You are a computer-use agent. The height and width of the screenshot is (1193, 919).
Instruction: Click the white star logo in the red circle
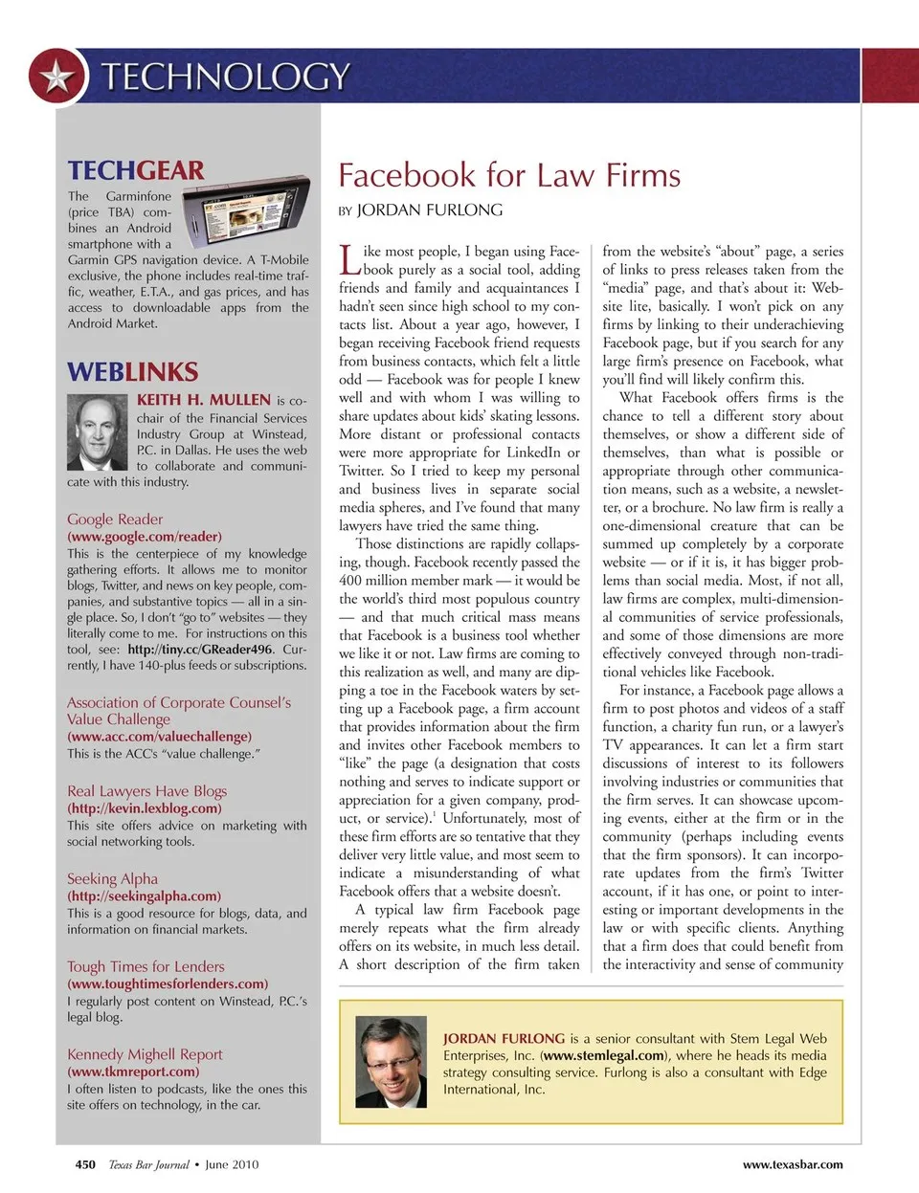pos(56,77)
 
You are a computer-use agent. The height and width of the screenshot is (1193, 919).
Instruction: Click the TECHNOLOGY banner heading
pos(226,77)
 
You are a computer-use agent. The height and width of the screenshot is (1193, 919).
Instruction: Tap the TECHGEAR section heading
pos(136,170)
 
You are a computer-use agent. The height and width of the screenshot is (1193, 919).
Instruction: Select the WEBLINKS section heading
pos(133,372)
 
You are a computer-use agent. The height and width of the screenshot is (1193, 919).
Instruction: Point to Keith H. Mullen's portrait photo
pos(98,432)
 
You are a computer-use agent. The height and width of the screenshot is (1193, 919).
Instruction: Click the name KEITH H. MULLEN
pos(204,400)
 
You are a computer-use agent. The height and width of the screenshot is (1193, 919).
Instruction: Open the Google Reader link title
pos(115,519)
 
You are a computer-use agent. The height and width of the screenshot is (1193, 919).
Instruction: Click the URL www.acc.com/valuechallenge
pos(159,737)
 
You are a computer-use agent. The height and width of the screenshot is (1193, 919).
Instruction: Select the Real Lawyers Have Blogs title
pos(146,791)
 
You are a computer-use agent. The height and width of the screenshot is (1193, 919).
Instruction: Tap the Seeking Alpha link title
pos(112,879)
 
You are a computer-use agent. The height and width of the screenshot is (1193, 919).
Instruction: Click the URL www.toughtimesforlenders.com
pos(168,983)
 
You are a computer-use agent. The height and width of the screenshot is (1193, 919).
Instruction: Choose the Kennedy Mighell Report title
pos(145,1054)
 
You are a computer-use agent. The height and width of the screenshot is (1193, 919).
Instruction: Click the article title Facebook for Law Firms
pos(509,175)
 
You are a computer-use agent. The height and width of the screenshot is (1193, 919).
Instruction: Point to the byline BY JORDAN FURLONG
pos(420,210)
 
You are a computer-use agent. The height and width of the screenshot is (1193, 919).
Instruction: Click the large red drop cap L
pos(349,260)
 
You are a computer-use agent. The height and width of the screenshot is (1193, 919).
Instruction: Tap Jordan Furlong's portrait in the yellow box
pos(391,1061)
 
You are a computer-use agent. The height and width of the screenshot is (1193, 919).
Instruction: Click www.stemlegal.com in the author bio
pos(604,1055)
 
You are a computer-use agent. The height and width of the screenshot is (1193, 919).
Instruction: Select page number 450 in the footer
pos(85,1164)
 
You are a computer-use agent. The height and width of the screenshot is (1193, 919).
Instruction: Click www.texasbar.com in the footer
pos(793,1164)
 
